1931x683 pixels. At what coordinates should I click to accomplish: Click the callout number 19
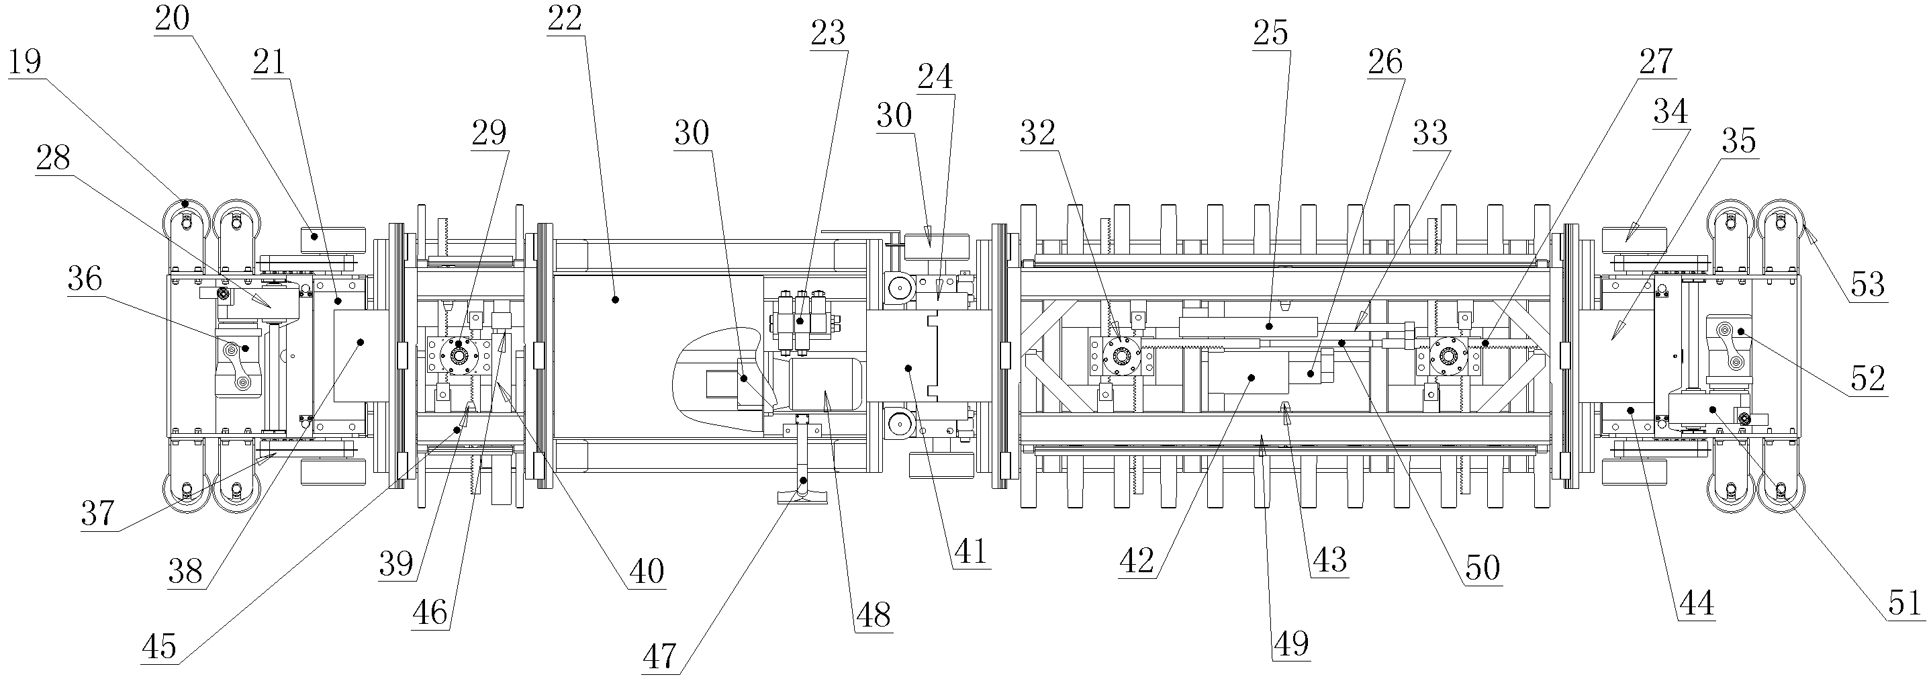(25, 62)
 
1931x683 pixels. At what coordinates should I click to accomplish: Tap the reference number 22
(565, 19)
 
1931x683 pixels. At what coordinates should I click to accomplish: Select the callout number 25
(1270, 34)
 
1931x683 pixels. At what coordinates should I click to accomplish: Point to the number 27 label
(1655, 62)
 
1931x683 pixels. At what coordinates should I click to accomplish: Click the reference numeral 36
(85, 279)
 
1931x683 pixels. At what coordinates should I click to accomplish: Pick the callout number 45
(159, 646)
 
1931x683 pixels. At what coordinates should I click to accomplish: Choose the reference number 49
(1291, 643)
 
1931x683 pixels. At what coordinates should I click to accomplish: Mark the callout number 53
(1867, 285)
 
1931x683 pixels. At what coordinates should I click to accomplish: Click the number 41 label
(971, 553)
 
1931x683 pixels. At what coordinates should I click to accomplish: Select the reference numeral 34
(1671, 112)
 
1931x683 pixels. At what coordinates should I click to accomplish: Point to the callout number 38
(185, 573)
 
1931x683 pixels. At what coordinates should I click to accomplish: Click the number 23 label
(829, 34)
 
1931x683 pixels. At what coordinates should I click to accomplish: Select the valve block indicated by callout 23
(800, 321)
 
